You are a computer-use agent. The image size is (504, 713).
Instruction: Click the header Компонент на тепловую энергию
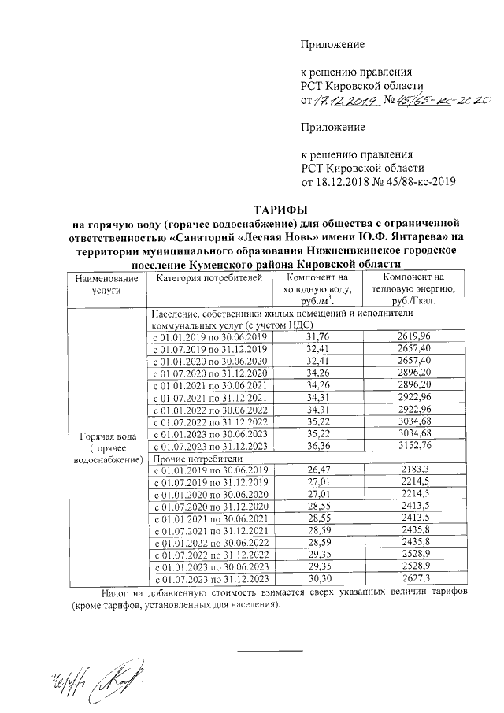414,289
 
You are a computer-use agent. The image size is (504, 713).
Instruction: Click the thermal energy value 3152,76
414,446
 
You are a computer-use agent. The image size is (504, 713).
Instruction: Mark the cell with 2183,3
414,470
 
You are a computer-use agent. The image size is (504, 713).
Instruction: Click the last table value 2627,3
414,579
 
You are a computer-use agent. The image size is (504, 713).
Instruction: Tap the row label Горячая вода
107,435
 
